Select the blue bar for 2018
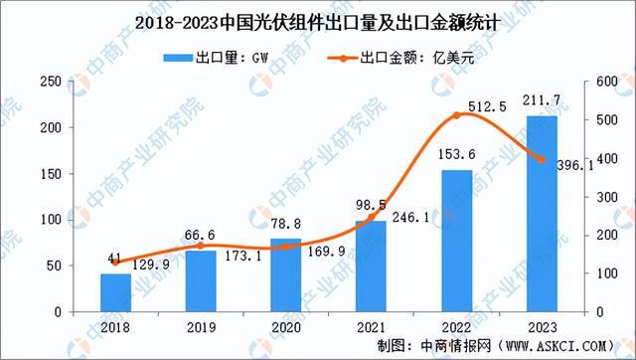pyautogui.click(x=115, y=292)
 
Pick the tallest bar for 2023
pyautogui.click(x=540, y=214)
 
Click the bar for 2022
pyautogui.click(x=455, y=241)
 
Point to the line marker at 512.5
pyautogui.click(x=455, y=115)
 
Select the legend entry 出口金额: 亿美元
pyautogui.click(x=391, y=59)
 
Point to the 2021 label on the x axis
pyautogui.click(x=370, y=326)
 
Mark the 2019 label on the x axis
pyautogui.click(x=200, y=326)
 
